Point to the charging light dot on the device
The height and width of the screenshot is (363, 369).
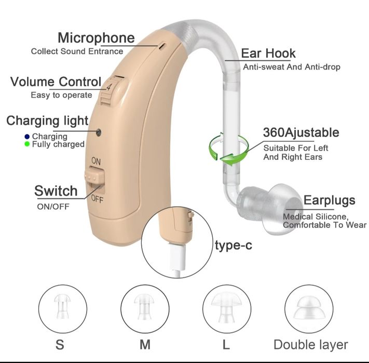[x=99, y=132]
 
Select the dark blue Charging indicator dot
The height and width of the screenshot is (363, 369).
[x=27, y=137]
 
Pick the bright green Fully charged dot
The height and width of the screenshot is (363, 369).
[x=27, y=144]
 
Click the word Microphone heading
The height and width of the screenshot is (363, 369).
[x=96, y=38]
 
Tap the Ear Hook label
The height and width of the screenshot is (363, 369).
[x=268, y=53]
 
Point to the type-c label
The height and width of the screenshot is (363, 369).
[x=233, y=246]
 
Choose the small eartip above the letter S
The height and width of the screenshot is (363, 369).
[x=62, y=306]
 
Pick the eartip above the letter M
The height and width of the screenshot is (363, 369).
[x=144, y=306]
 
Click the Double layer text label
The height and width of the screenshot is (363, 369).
[x=311, y=345]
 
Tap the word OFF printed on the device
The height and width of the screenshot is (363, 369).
[x=97, y=199]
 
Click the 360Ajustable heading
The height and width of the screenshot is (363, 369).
[x=301, y=132]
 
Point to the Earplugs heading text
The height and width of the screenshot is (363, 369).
[x=329, y=200]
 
